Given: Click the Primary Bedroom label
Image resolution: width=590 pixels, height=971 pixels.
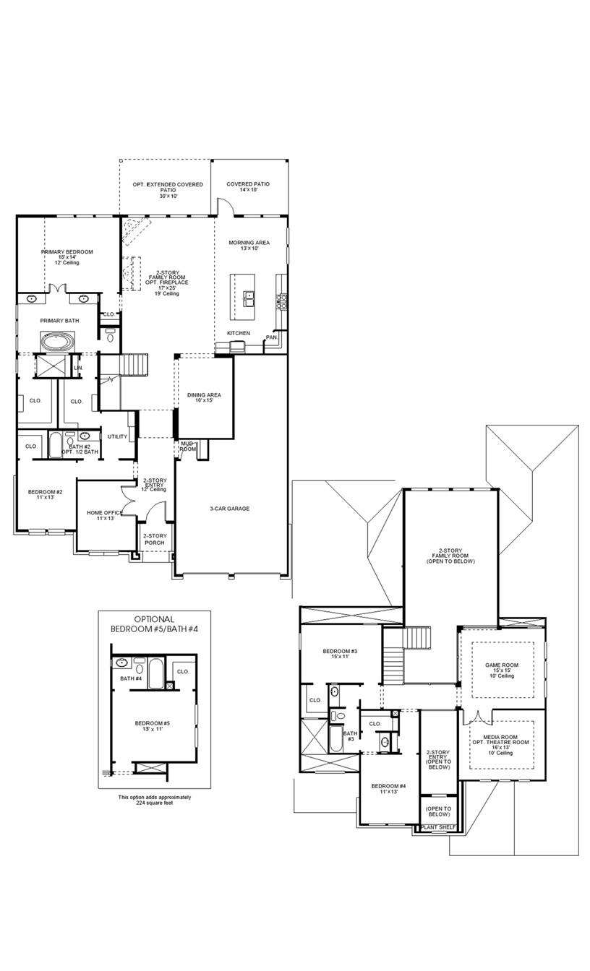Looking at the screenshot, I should click(x=67, y=252).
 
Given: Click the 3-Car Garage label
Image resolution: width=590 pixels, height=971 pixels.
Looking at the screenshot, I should click(x=229, y=509).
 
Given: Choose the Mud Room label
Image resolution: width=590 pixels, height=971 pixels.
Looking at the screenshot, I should click(x=187, y=446).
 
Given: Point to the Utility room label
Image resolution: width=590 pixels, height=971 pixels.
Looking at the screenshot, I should click(x=117, y=436).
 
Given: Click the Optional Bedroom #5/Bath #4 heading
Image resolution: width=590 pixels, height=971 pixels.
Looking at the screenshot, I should click(x=154, y=624).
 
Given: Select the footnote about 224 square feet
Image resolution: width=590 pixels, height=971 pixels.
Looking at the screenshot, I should click(x=154, y=800).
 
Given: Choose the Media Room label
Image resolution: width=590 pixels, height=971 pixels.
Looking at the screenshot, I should click(x=501, y=742).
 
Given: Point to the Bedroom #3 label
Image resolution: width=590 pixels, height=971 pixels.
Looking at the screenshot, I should click(x=340, y=653).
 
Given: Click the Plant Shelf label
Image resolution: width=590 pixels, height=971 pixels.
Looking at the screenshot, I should click(x=438, y=827).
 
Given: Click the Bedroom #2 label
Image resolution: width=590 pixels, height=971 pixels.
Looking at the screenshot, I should click(x=45, y=494).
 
